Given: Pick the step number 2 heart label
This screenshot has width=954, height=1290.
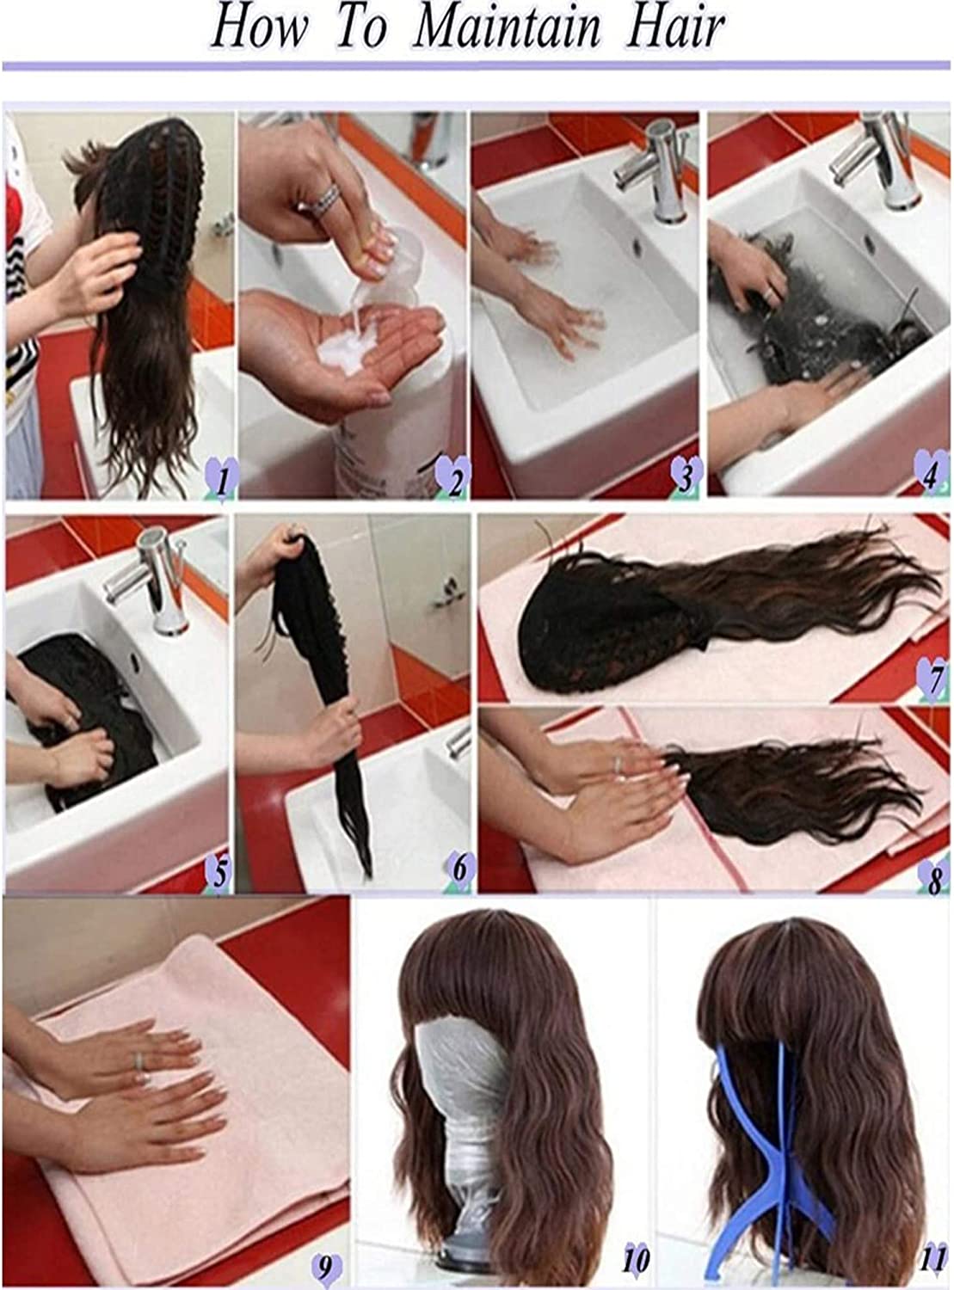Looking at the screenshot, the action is (453, 478).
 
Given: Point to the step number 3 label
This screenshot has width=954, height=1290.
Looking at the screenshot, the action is (686, 477).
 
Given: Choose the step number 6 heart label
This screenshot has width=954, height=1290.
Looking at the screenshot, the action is (459, 870).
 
